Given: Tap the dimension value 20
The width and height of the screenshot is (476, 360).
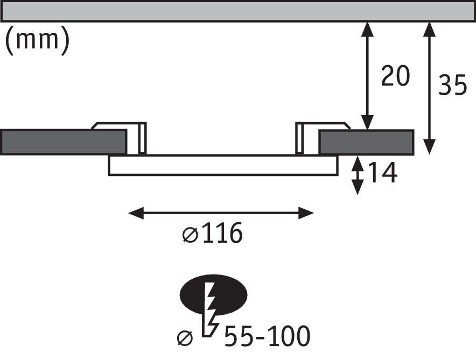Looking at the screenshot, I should (x=395, y=76).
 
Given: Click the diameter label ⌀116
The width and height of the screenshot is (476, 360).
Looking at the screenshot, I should (x=213, y=234).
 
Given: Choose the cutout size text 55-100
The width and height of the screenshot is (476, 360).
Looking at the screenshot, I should (x=267, y=336).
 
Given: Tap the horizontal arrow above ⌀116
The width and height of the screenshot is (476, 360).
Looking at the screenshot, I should (x=221, y=213).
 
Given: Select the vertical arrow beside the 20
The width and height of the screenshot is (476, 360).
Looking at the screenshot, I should (x=367, y=76).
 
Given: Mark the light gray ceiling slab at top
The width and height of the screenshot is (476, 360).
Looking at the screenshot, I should (x=237, y=11).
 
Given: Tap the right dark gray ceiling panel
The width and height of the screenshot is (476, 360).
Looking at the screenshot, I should (x=366, y=142).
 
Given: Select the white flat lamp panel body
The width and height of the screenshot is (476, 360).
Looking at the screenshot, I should (x=222, y=165).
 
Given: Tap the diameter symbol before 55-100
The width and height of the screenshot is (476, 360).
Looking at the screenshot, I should (x=185, y=337).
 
